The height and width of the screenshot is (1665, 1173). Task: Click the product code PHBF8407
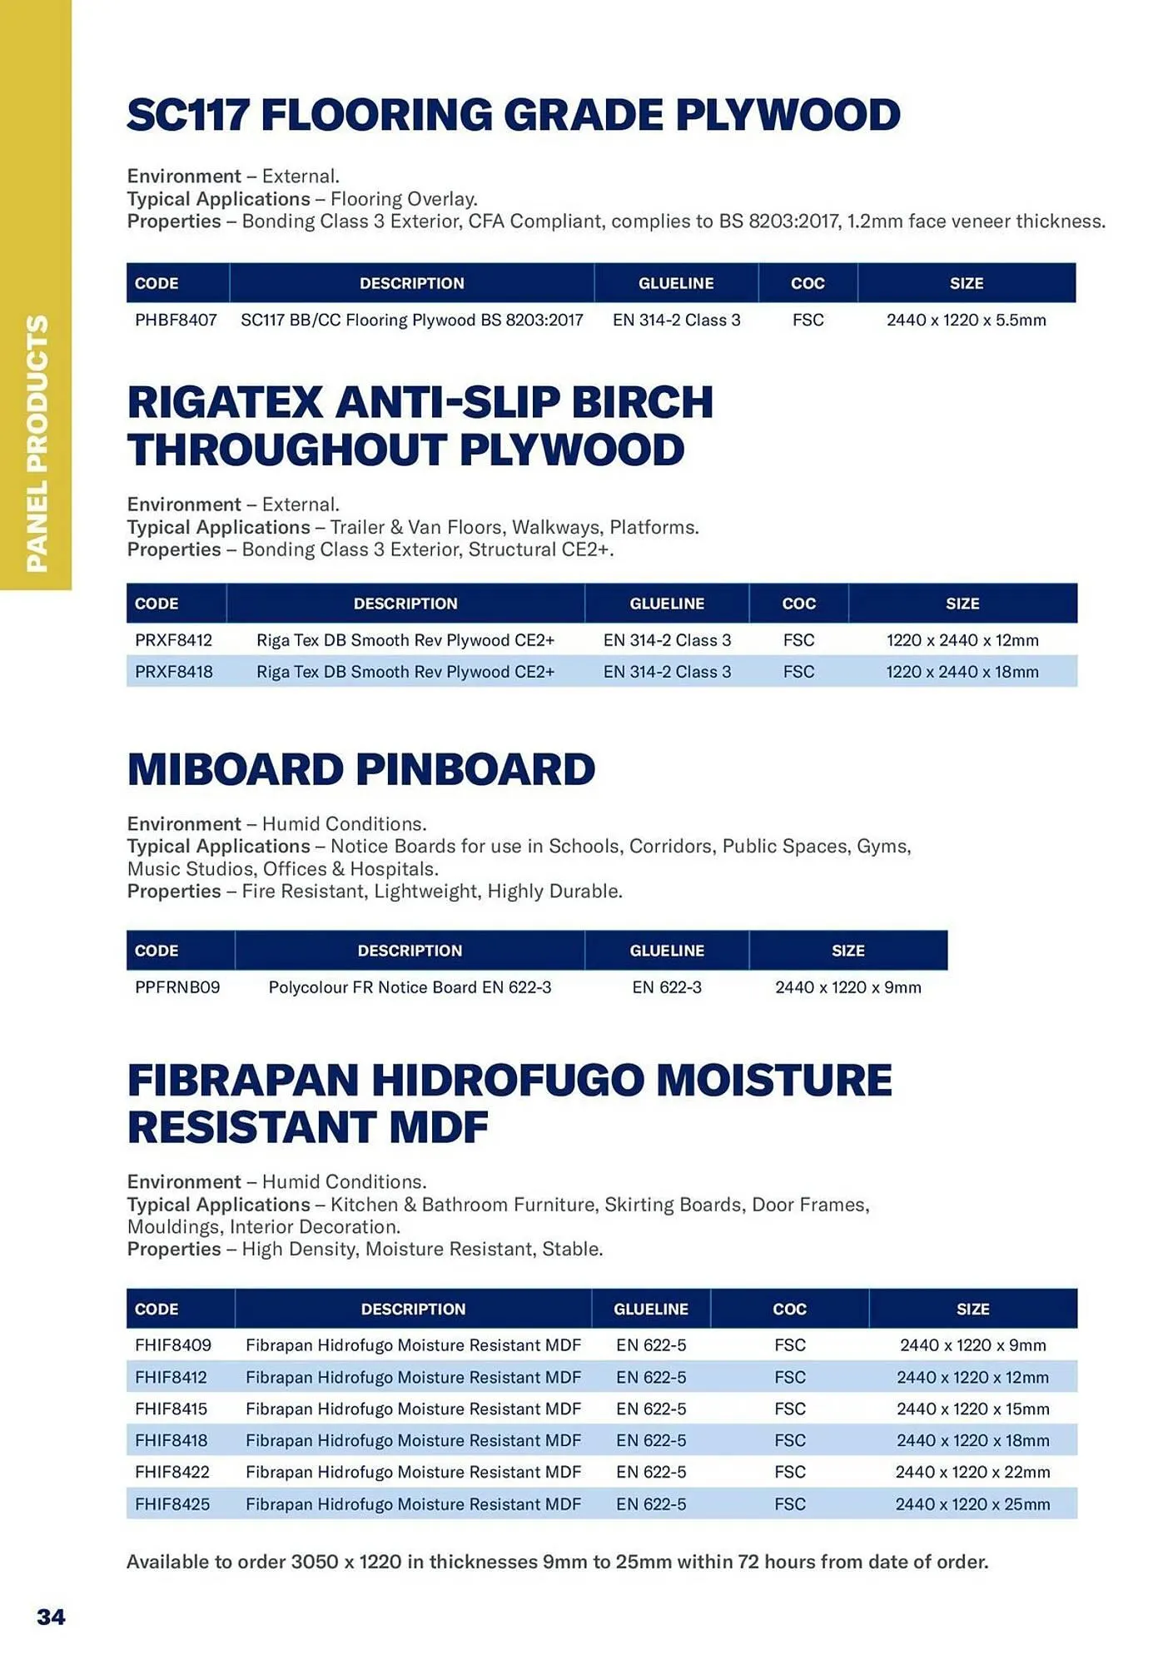(176, 320)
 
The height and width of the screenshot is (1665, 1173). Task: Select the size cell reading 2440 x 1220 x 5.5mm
(966, 320)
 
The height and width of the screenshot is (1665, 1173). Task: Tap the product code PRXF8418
(173, 672)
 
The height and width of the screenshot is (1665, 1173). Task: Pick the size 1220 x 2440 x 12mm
(962, 640)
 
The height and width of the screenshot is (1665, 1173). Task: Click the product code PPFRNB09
(177, 987)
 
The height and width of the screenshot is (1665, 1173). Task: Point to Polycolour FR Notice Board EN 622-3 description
(410, 987)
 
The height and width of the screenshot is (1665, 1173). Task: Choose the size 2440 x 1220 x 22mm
(972, 1472)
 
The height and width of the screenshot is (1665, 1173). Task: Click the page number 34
(51, 1617)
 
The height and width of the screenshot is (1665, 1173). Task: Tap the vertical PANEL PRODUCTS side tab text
(37, 443)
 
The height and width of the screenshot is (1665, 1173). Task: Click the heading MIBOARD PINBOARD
(361, 769)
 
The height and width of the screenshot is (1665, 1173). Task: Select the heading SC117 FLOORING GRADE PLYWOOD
(513, 115)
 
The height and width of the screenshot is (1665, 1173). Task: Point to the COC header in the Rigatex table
(798, 604)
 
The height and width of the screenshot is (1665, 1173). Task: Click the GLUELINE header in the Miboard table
(667, 951)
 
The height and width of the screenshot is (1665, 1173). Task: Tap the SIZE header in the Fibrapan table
(972, 1309)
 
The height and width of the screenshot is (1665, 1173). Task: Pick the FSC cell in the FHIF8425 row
(789, 1504)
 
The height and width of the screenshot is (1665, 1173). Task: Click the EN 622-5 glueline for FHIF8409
(651, 1345)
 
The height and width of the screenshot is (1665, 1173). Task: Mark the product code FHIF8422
(171, 1472)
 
